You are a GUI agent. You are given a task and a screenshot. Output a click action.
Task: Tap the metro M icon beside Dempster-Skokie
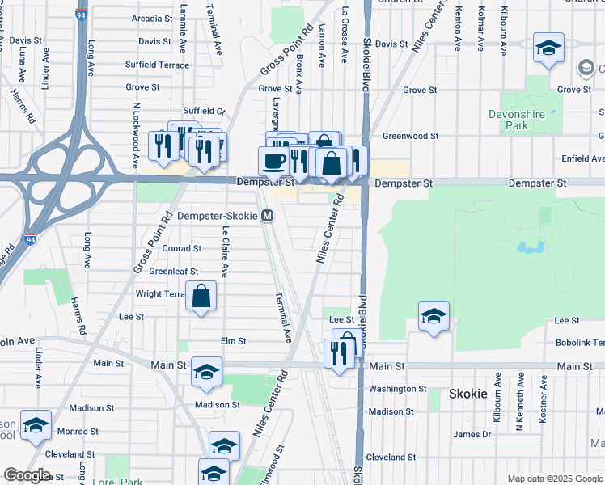click(x=268, y=216)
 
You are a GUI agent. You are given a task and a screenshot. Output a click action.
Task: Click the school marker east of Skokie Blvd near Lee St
click(x=434, y=315)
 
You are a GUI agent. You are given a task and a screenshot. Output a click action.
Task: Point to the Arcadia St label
click(x=152, y=18)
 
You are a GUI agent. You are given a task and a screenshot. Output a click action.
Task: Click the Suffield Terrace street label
click(x=157, y=65)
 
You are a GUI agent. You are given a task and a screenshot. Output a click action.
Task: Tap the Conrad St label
click(x=181, y=248)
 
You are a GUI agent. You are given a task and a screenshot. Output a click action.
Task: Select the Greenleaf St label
click(x=173, y=272)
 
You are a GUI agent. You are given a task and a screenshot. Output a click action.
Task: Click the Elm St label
click(x=233, y=342)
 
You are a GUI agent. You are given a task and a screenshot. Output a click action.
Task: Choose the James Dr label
click(x=472, y=434)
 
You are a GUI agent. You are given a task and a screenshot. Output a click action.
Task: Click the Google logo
click(x=27, y=475)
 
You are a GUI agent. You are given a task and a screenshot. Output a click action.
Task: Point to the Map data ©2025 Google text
click(x=554, y=479)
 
